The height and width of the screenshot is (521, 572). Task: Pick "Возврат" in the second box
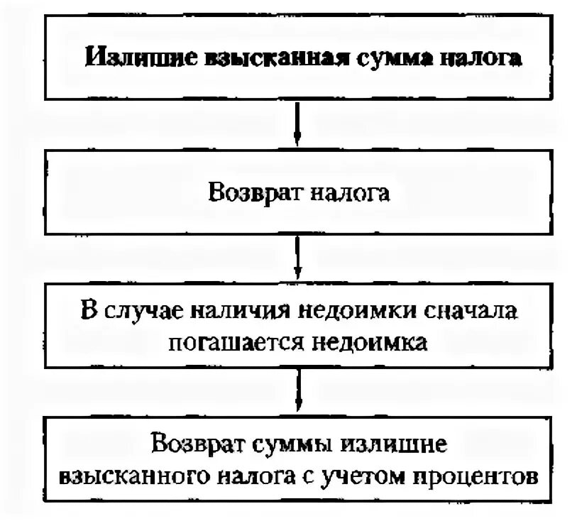[x=250, y=192]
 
